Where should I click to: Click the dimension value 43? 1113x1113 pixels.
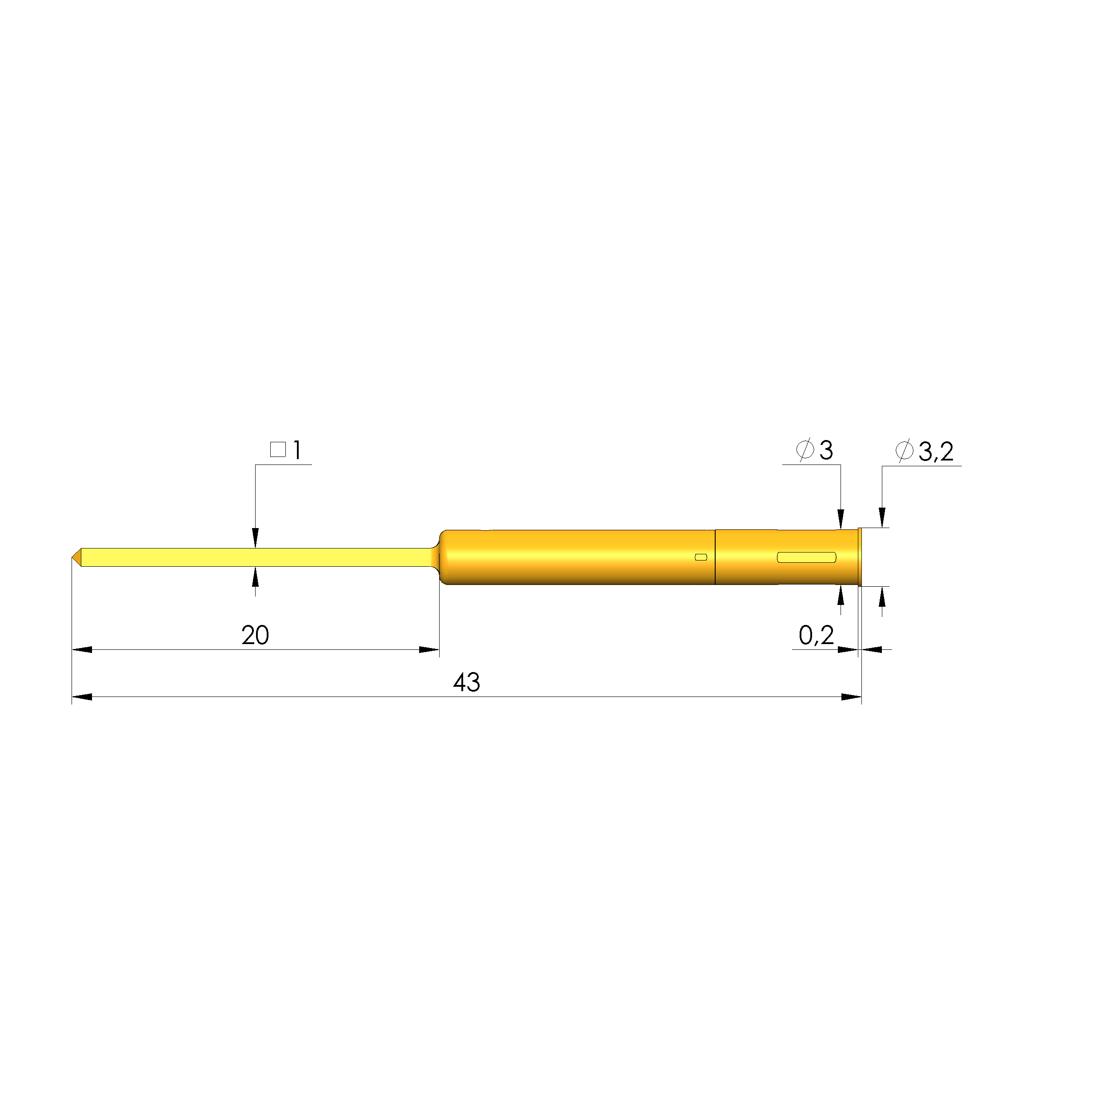466,683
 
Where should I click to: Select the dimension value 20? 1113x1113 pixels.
255,636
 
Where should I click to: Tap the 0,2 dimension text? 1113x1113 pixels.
816,636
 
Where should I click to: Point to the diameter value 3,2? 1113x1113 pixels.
936,451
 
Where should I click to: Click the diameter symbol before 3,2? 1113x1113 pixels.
904,450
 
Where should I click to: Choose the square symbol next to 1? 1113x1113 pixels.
278,449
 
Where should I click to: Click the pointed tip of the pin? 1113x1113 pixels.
72,557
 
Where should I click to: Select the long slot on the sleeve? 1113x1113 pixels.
806,557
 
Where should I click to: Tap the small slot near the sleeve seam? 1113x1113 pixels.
701,557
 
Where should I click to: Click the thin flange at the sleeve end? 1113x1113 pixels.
860,557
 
